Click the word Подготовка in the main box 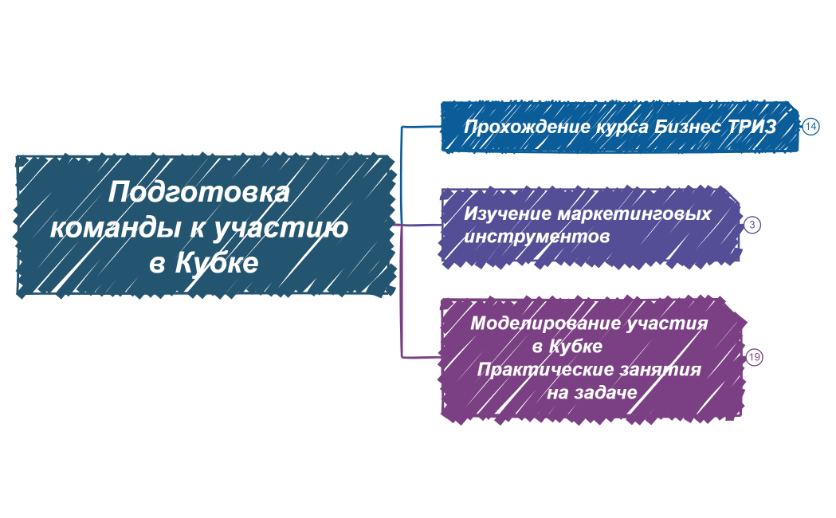tap(198, 194)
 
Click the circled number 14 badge tap(810, 127)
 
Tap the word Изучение tap(506, 214)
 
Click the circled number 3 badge tap(752, 225)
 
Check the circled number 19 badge tap(754, 357)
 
